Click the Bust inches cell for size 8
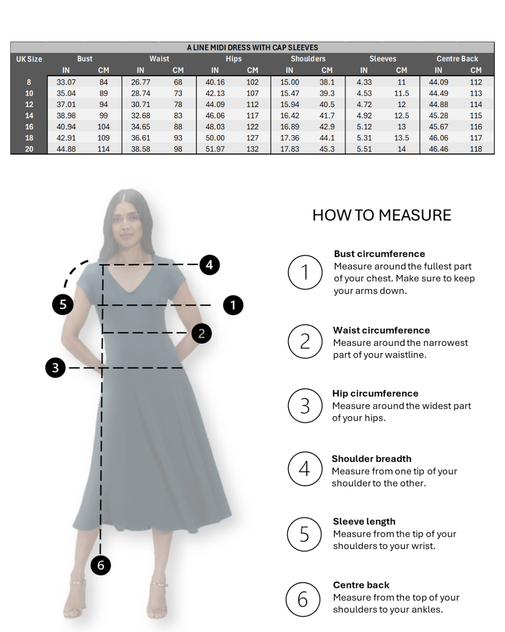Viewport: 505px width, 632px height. (66, 82)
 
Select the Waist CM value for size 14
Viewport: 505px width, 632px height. (178, 116)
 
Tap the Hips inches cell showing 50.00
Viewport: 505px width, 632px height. (215, 138)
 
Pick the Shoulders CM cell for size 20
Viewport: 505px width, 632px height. (327, 149)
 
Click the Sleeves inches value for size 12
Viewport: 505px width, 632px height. (364, 104)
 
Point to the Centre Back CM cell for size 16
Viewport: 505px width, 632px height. (476, 127)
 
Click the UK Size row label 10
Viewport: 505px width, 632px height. (29, 93)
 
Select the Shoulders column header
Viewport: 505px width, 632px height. (308, 59)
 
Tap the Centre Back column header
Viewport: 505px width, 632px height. (457, 59)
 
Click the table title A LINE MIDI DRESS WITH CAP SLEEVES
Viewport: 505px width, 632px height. (252, 48)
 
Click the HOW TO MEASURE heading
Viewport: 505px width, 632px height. (382, 215)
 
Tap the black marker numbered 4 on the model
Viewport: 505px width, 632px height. (209, 265)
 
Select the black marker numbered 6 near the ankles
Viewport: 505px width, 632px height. (101, 565)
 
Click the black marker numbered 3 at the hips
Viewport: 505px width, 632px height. (56, 367)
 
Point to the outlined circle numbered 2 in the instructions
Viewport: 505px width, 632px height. (305, 341)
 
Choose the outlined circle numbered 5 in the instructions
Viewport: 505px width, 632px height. (304, 534)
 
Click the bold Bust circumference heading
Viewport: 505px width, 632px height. (379, 254)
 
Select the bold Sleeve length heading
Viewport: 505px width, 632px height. (364, 521)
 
